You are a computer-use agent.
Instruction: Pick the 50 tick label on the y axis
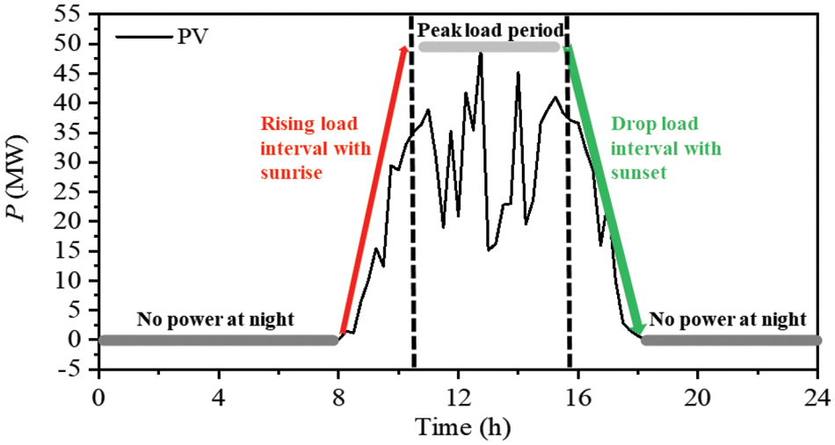pos(72,44)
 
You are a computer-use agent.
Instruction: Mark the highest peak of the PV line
pos(481,54)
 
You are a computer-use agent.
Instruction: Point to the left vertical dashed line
pos(412,219)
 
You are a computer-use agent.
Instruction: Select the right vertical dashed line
pos(569,219)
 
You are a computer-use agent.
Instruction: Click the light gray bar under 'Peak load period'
pos(489,47)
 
